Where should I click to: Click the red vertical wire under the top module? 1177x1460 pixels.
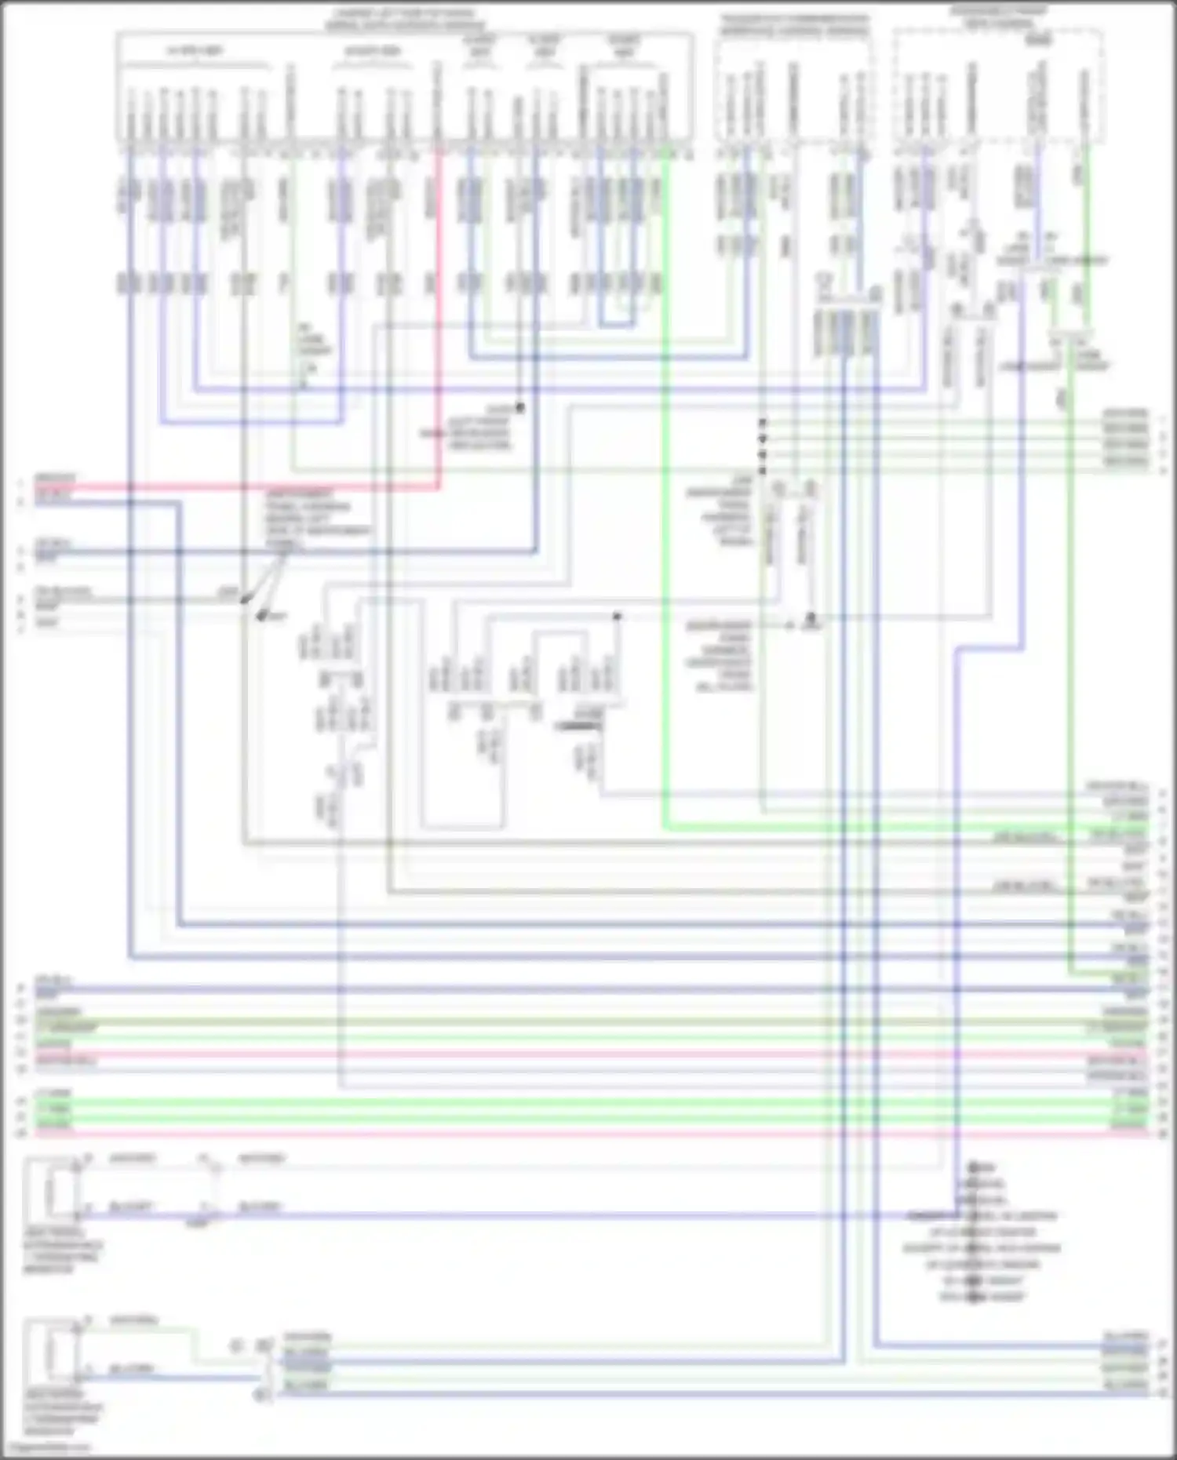point(438,314)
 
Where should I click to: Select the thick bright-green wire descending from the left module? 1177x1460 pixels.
point(664,549)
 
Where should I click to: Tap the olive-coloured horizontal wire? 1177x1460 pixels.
point(549,1023)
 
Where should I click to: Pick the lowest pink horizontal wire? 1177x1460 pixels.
point(549,1134)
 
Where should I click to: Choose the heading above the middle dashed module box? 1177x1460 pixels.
point(794,25)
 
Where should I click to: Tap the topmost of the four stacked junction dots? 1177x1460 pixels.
point(762,423)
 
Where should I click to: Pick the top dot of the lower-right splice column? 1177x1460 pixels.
point(973,1167)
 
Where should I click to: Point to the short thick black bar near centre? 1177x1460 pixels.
point(578,726)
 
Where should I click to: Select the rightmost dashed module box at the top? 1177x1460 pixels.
point(998,86)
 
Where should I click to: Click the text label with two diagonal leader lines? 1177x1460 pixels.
point(318,518)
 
